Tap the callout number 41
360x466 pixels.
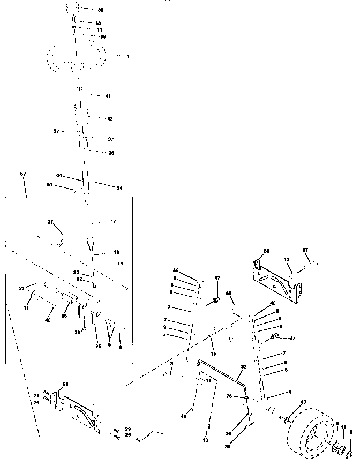pos(108,96)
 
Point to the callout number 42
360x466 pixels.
pos(110,118)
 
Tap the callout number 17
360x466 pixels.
pos(113,221)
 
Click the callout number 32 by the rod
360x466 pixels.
pos(244,367)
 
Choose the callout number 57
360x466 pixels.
pos(305,250)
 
